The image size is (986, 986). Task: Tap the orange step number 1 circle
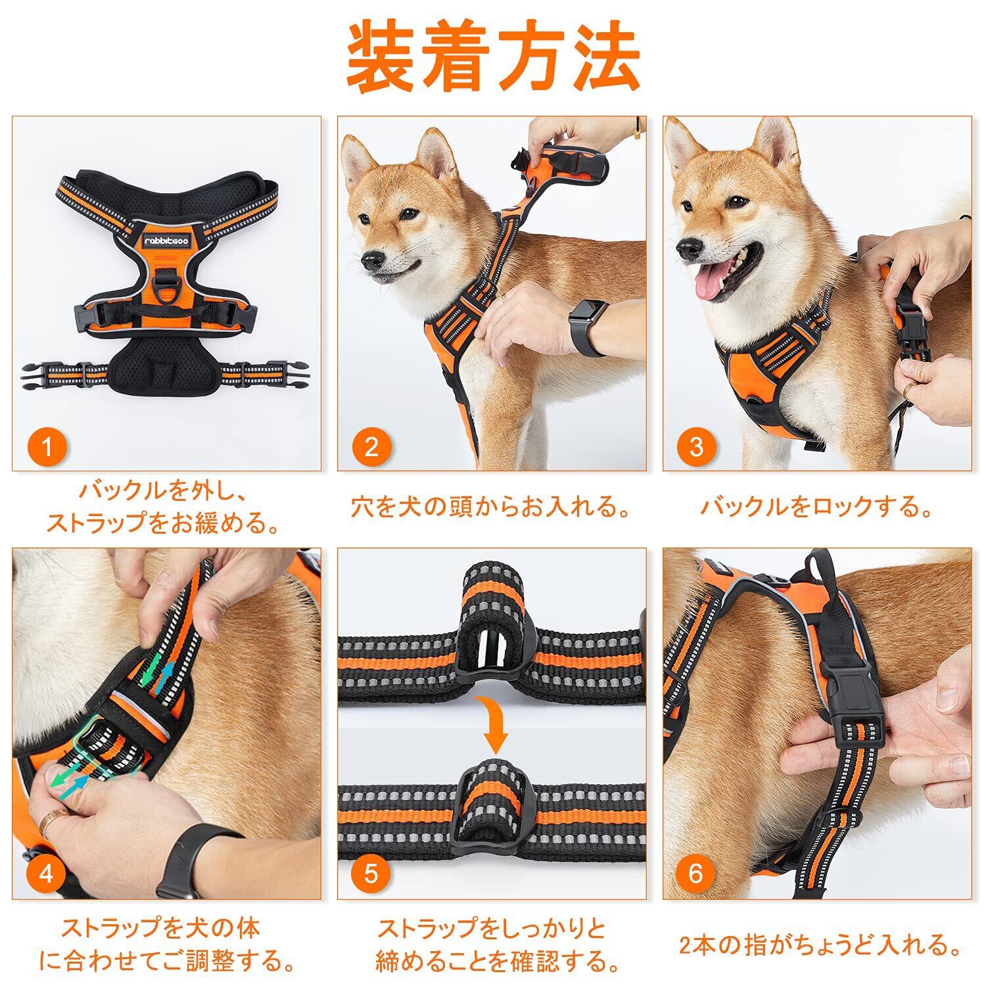tap(47, 447)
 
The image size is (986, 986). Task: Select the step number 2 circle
tap(372, 447)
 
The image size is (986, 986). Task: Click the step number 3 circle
tap(697, 447)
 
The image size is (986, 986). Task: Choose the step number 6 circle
tap(697, 874)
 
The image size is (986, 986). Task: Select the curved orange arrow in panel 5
tap(494, 724)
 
